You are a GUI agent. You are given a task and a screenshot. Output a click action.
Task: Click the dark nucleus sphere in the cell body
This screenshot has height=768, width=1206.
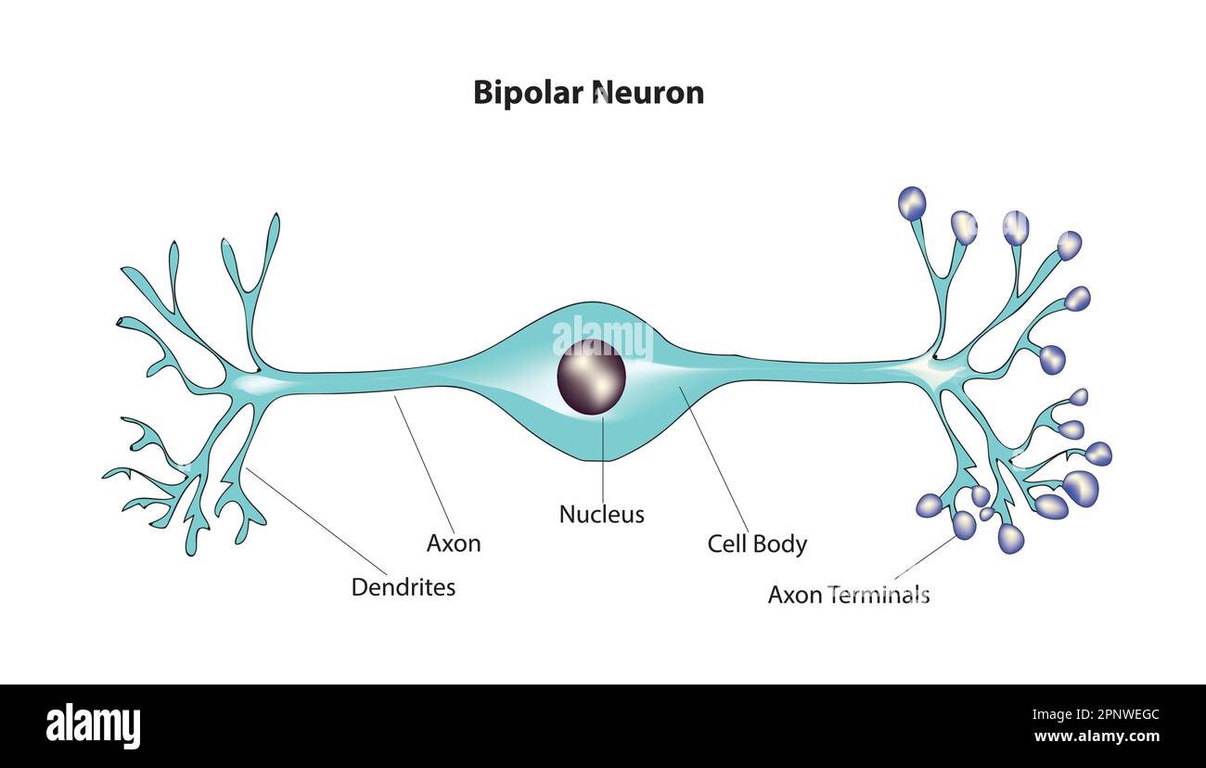(591, 377)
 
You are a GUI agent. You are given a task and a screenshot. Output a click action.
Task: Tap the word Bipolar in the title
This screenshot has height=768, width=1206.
(529, 93)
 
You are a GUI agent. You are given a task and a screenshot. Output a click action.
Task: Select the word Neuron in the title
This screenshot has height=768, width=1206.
(648, 93)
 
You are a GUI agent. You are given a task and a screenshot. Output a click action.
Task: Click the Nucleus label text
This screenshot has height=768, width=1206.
(601, 514)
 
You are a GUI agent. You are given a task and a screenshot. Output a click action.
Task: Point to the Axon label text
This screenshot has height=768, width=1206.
(454, 544)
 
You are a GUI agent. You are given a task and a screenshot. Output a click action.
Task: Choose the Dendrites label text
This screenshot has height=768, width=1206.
(404, 587)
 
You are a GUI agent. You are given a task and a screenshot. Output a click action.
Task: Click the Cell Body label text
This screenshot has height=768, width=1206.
(757, 544)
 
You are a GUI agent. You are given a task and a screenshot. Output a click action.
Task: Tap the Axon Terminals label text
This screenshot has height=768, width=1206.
(848, 595)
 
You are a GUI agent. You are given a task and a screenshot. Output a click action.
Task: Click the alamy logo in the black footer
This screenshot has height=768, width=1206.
(93, 726)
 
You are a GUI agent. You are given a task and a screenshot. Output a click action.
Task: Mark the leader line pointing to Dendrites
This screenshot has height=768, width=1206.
(315, 520)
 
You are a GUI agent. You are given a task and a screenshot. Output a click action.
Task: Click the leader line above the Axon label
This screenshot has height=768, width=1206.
(425, 464)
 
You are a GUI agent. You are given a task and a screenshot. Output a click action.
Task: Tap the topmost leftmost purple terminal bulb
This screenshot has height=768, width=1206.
(912, 203)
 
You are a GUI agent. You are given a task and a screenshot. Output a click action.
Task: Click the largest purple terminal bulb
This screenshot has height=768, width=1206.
(1080, 487)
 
